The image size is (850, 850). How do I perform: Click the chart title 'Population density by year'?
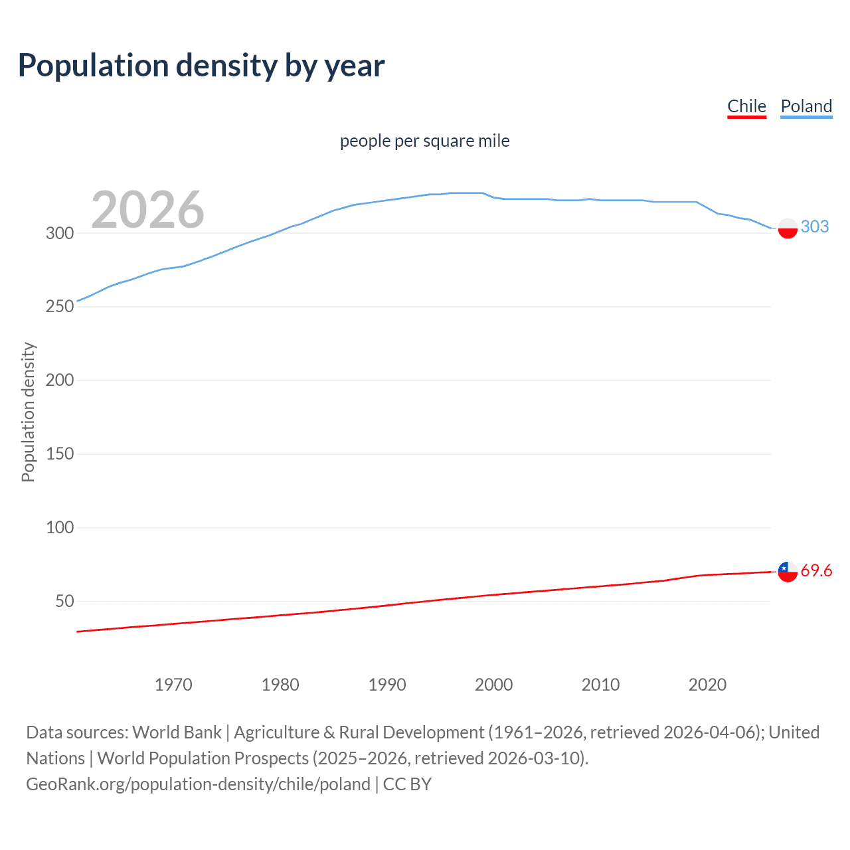pyautogui.click(x=201, y=66)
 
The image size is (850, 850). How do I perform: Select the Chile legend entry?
pyautogui.click(x=746, y=106)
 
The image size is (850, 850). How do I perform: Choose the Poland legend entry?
pyautogui.click(x=806, y=106)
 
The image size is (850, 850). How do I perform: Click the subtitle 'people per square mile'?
pyautogui.click(x=424, y=141)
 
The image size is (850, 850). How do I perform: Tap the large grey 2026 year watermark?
pyautogui.click(x=147, y=210)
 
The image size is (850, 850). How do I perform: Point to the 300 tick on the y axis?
pyautogui.click(x=60, y=233)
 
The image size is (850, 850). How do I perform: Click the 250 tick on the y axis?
pyautogui.click(x=60, y=307)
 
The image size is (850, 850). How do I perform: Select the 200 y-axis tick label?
pyautogui.click(x=60, y=381)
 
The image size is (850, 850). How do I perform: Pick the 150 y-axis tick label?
pyautogui.click(x=60, y=454)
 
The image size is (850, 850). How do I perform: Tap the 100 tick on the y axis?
pyautogui.click(x=60, y=528)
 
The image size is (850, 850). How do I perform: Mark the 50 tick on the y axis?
pyautogui.click(x=64, y=602)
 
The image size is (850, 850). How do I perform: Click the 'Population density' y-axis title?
pyautogui.click(x=28, y=412)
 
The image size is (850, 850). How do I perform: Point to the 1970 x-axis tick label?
pyautogui.click(x=173, y=685)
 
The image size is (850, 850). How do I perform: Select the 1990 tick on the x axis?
pyautogui.click(x=387, y=685)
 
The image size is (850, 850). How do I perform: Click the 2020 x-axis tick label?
pyautogui.click(x=707, y=685)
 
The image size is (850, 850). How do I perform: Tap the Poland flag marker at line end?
pyautogui.click(x=788, y=228)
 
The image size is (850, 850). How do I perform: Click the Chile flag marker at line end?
pyautogui.click(x=788, y=571)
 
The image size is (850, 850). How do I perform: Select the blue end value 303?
pyautogui.click(x=815, y=226)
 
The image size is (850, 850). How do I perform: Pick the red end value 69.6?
pyautogui.click(x=816, y=570)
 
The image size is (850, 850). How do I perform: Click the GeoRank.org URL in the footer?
pyautogui.click(x=198, y=784)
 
